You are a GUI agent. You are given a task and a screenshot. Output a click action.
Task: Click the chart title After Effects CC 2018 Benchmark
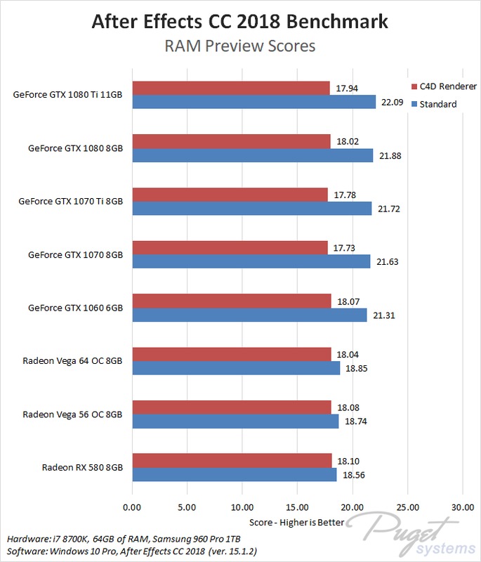[x=240, y=21]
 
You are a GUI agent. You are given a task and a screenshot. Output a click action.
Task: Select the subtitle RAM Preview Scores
[x=240, y=46]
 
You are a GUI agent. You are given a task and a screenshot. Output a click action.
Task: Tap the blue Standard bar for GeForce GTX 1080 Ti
[x=253, y=103]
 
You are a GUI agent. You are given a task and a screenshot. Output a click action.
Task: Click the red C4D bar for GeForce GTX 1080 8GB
[x=231, y=140]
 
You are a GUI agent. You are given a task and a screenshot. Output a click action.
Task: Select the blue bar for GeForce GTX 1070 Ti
[x=251, y=209]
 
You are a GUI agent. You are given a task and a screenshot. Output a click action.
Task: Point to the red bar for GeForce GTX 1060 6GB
[x=231, y=300]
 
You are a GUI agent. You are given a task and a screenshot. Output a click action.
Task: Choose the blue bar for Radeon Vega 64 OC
[x=235, y=368]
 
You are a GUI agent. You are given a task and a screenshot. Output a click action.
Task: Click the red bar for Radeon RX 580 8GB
[x=231, y=459]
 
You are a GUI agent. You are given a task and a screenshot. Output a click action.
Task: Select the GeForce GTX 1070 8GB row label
[x=76, y=254]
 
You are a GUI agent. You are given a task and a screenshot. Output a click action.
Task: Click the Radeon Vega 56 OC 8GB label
[x=73, y=414]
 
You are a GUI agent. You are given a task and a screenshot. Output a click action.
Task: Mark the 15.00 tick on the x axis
[x=297, y=507]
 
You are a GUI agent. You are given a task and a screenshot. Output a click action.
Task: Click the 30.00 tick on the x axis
[x=462, y=507]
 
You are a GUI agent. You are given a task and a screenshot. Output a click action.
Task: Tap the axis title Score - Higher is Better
[x=297, y=523]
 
